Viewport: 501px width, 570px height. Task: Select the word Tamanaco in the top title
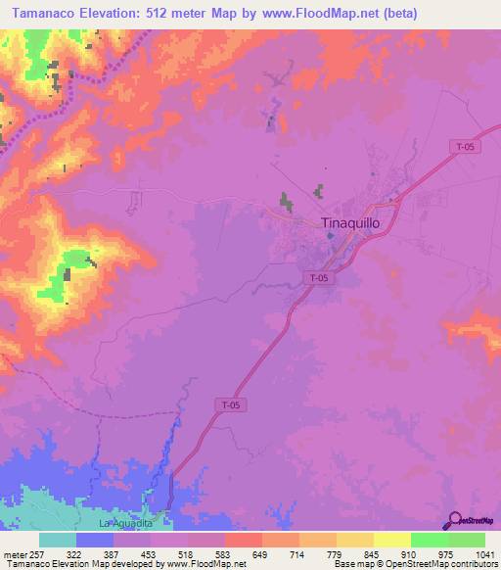48,13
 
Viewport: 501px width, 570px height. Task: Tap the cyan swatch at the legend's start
58,540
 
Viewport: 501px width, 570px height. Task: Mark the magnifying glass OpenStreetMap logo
453,520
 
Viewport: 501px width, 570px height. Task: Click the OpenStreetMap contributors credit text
450,564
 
